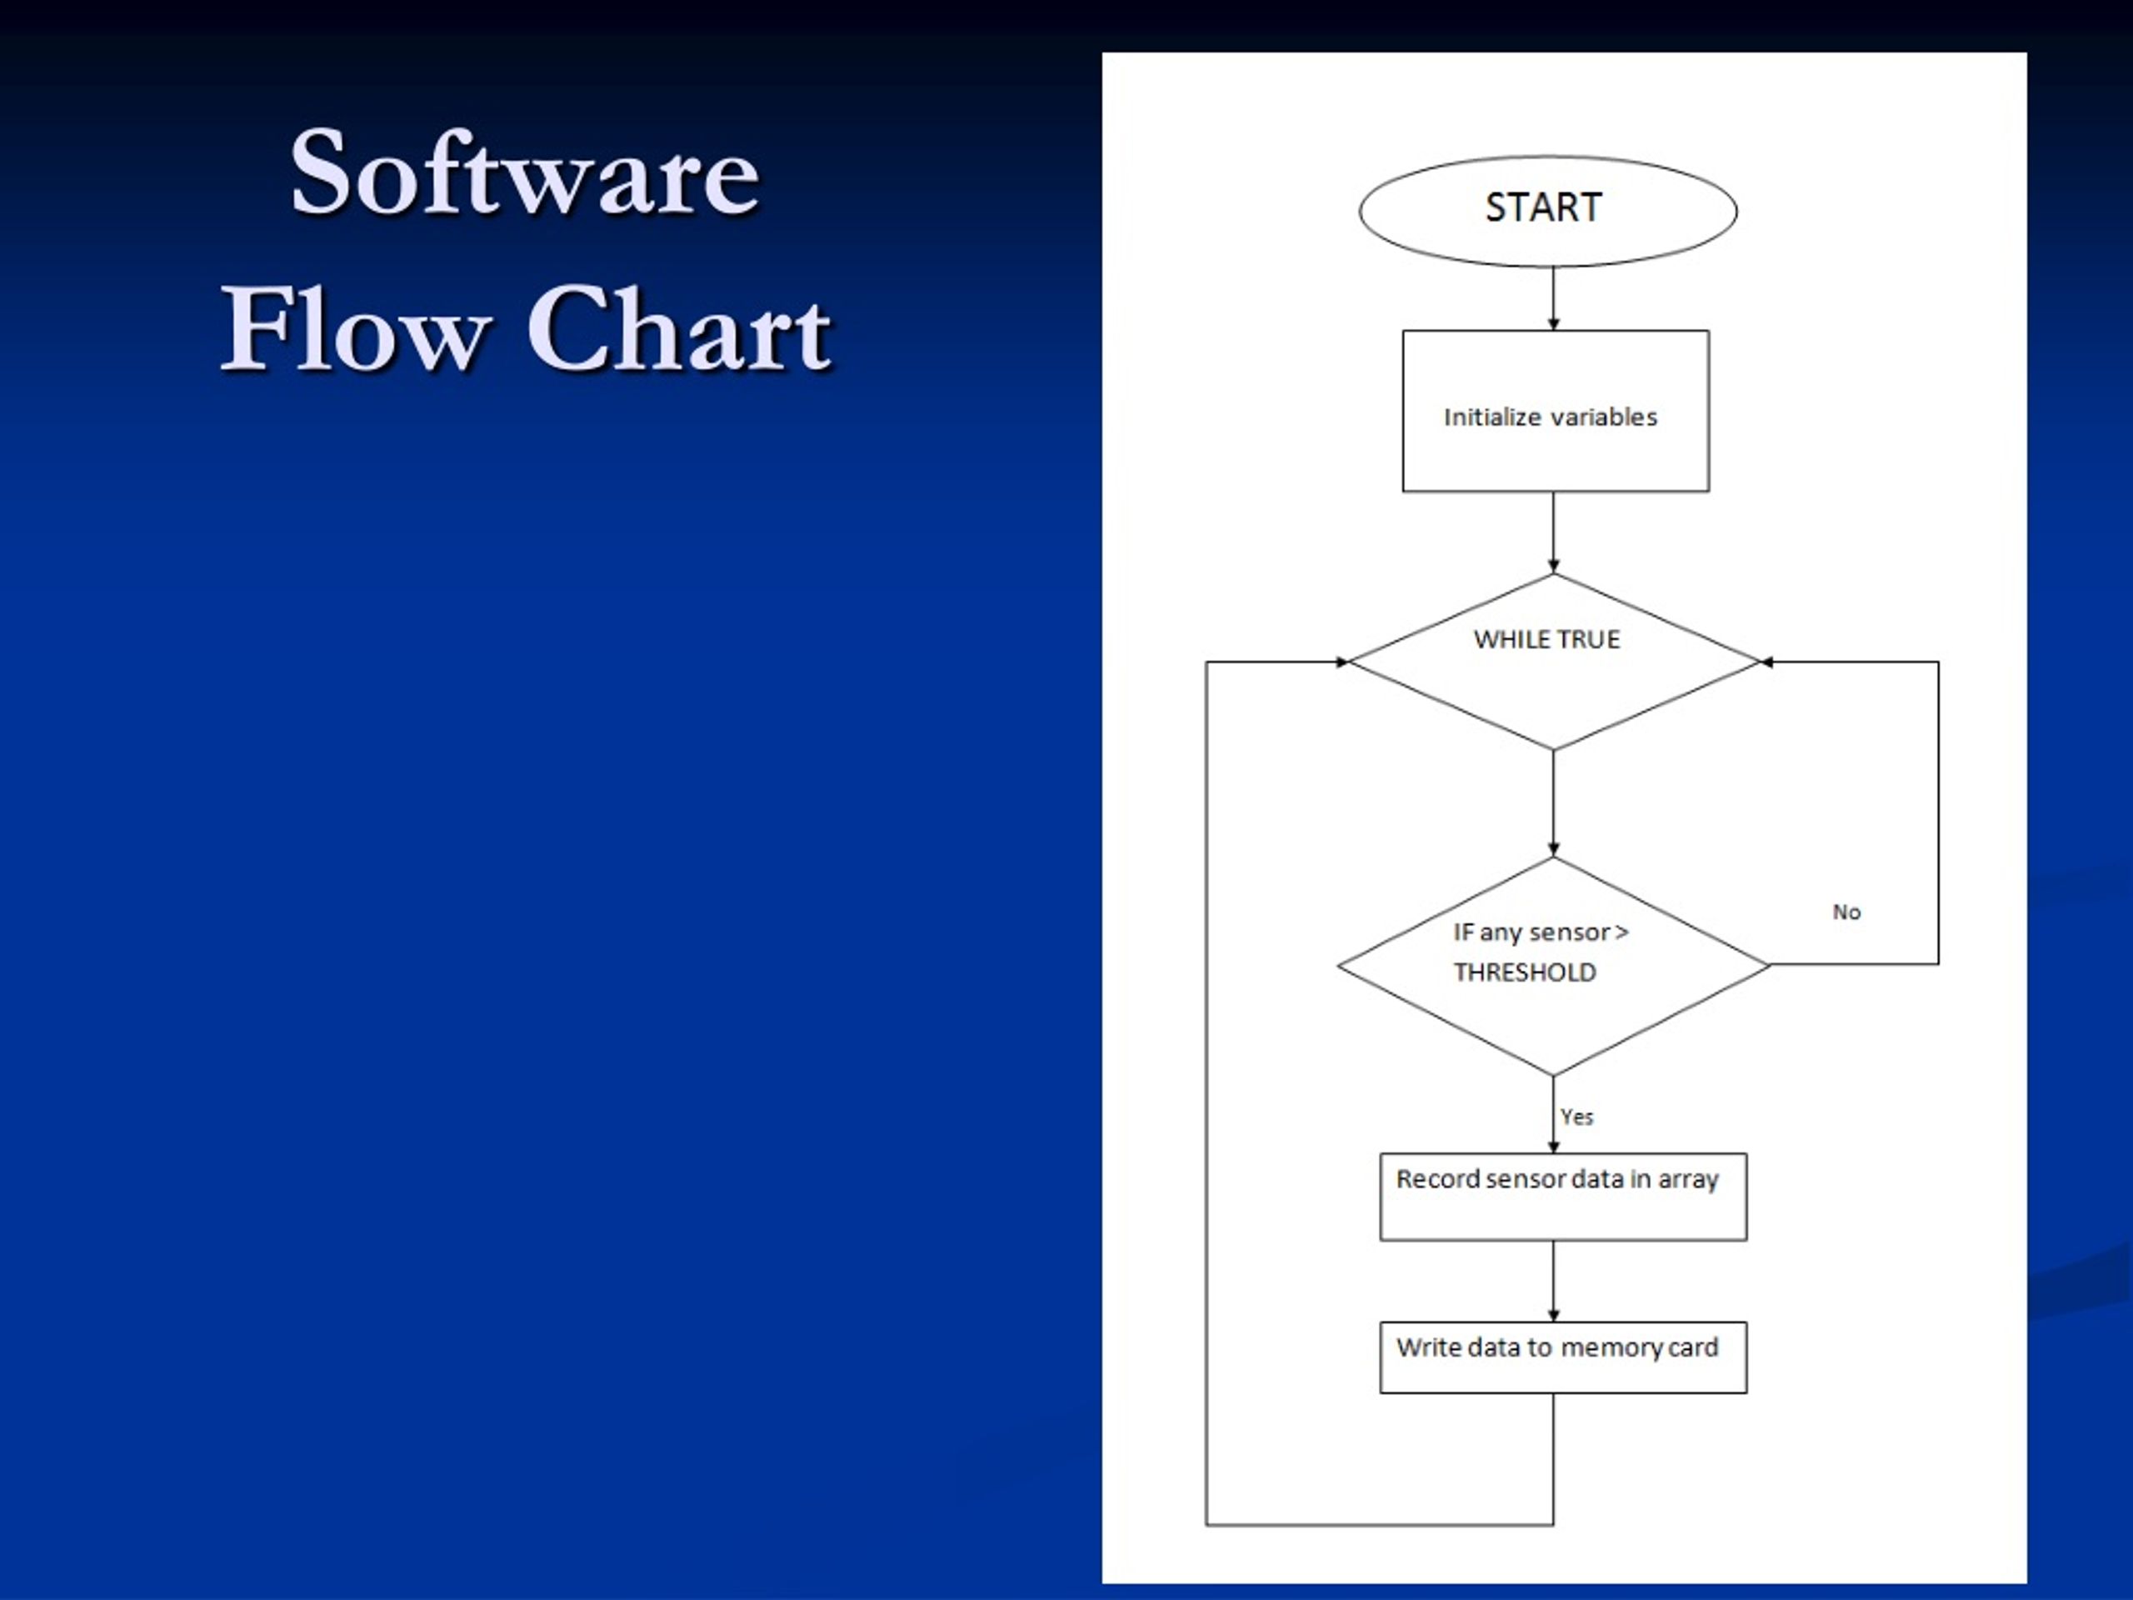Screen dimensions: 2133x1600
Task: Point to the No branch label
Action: pos(1846,912)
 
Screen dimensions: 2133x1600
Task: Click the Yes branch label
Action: pos(1576,1116)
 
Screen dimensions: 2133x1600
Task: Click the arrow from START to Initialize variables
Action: pos(1553,298)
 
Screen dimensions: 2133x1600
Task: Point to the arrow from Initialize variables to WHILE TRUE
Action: pos(1553,533)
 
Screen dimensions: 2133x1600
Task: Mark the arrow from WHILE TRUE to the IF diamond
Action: pos(1553,803)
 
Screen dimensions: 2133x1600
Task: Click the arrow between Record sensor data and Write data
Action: pos(1553,1281)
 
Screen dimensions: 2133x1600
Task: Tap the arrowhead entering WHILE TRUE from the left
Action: pos(1341,662)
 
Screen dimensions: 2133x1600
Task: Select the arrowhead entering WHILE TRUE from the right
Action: pos(1767,662)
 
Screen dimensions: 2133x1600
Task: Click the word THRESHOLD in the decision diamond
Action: pos(1525,972)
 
